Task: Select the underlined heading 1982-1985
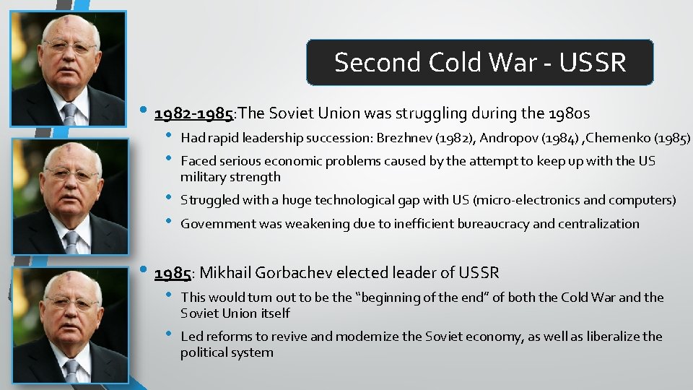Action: (x=194, y=113)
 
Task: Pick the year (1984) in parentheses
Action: (x=561, y=138)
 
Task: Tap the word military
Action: (x=203, y=177)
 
